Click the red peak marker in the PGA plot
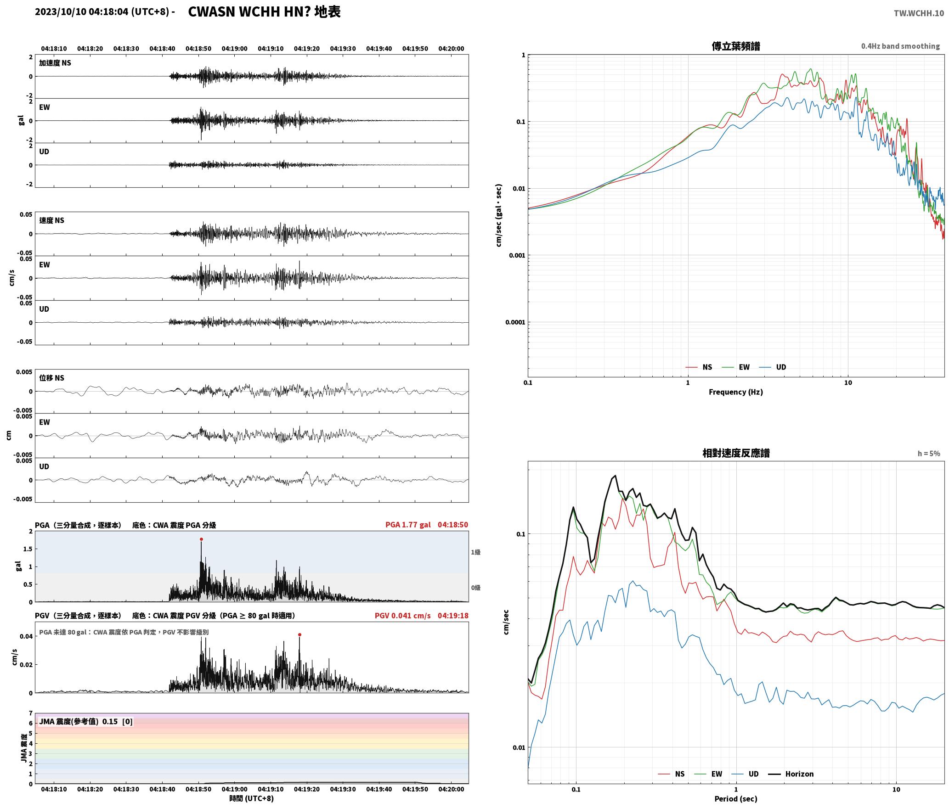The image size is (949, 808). [201, 539]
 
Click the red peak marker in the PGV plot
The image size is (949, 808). [299, 635]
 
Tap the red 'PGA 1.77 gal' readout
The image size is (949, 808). [408, 525]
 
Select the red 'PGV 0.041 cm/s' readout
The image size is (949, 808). [403, 616]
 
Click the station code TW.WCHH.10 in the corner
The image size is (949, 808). [919, 13]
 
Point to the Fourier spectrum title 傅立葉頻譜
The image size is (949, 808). [736, 46]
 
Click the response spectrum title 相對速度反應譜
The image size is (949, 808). [736, 453]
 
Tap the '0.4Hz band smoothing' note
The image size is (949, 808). [900, 46]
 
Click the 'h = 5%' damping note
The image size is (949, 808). [929, 454]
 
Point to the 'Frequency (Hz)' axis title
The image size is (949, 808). [736, 392]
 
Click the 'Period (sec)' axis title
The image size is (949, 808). [736, 799]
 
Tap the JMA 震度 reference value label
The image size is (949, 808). [86, 722]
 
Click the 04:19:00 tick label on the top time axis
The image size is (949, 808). [234, 49]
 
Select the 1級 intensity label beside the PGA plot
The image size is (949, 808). [475, 552]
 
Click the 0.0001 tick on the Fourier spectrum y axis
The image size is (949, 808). [515, 322]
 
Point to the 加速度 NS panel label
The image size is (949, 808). [55, 63]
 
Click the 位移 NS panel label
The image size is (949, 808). [51, 378]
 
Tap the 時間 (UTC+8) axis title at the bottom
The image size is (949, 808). [251, 798]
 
